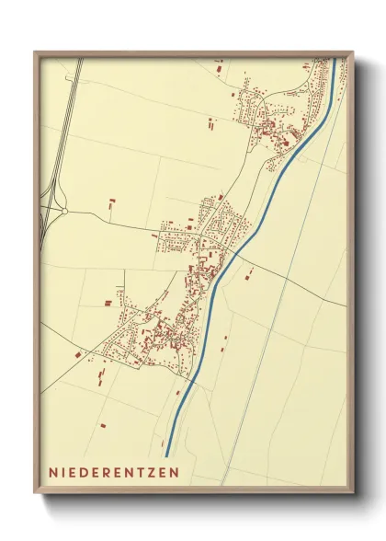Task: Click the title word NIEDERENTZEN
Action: tap(115, 472)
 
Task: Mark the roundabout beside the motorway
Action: tap(65, 212)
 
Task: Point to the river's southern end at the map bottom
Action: tap(168, 453)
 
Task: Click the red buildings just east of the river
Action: tap(248, 272)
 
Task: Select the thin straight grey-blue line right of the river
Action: tap(276, 304)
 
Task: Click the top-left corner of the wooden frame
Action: tap(35, 52)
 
